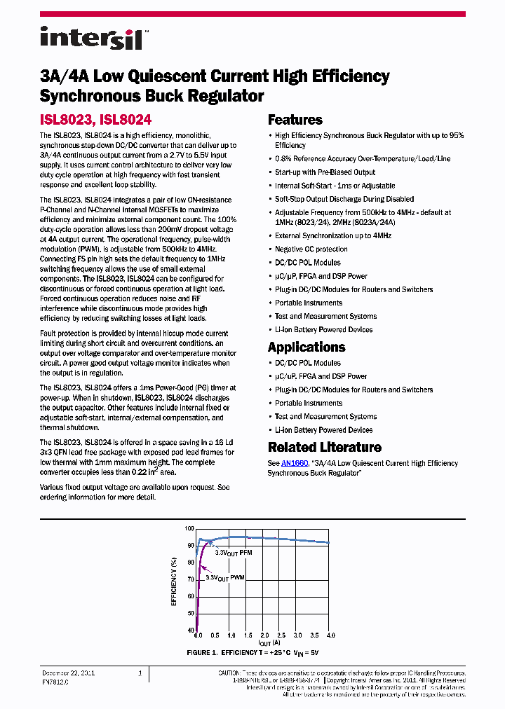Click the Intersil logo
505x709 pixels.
[x=91, y=38]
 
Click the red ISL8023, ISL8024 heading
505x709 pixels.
[x=95, y=121]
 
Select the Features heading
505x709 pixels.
[x=295, y=120]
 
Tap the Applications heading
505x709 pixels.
[x=307, y=347]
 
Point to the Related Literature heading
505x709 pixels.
[x=324, y=447]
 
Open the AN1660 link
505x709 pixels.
[x=294, y=463]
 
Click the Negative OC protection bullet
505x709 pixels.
[x=311, y=249]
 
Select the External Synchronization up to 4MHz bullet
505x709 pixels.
[x=332, y=236]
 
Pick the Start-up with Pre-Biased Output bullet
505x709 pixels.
[x=325, y=172]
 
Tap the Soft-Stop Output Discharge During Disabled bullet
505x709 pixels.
[x=344, y=200]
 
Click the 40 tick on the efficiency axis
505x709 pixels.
[x=191, y=631]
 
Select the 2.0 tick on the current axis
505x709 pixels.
[x=264, y=635]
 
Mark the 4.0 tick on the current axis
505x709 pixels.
[x=331, y=635]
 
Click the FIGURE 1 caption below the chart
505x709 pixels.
[x=252, y=652]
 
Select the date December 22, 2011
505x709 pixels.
[x=68, y=673]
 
